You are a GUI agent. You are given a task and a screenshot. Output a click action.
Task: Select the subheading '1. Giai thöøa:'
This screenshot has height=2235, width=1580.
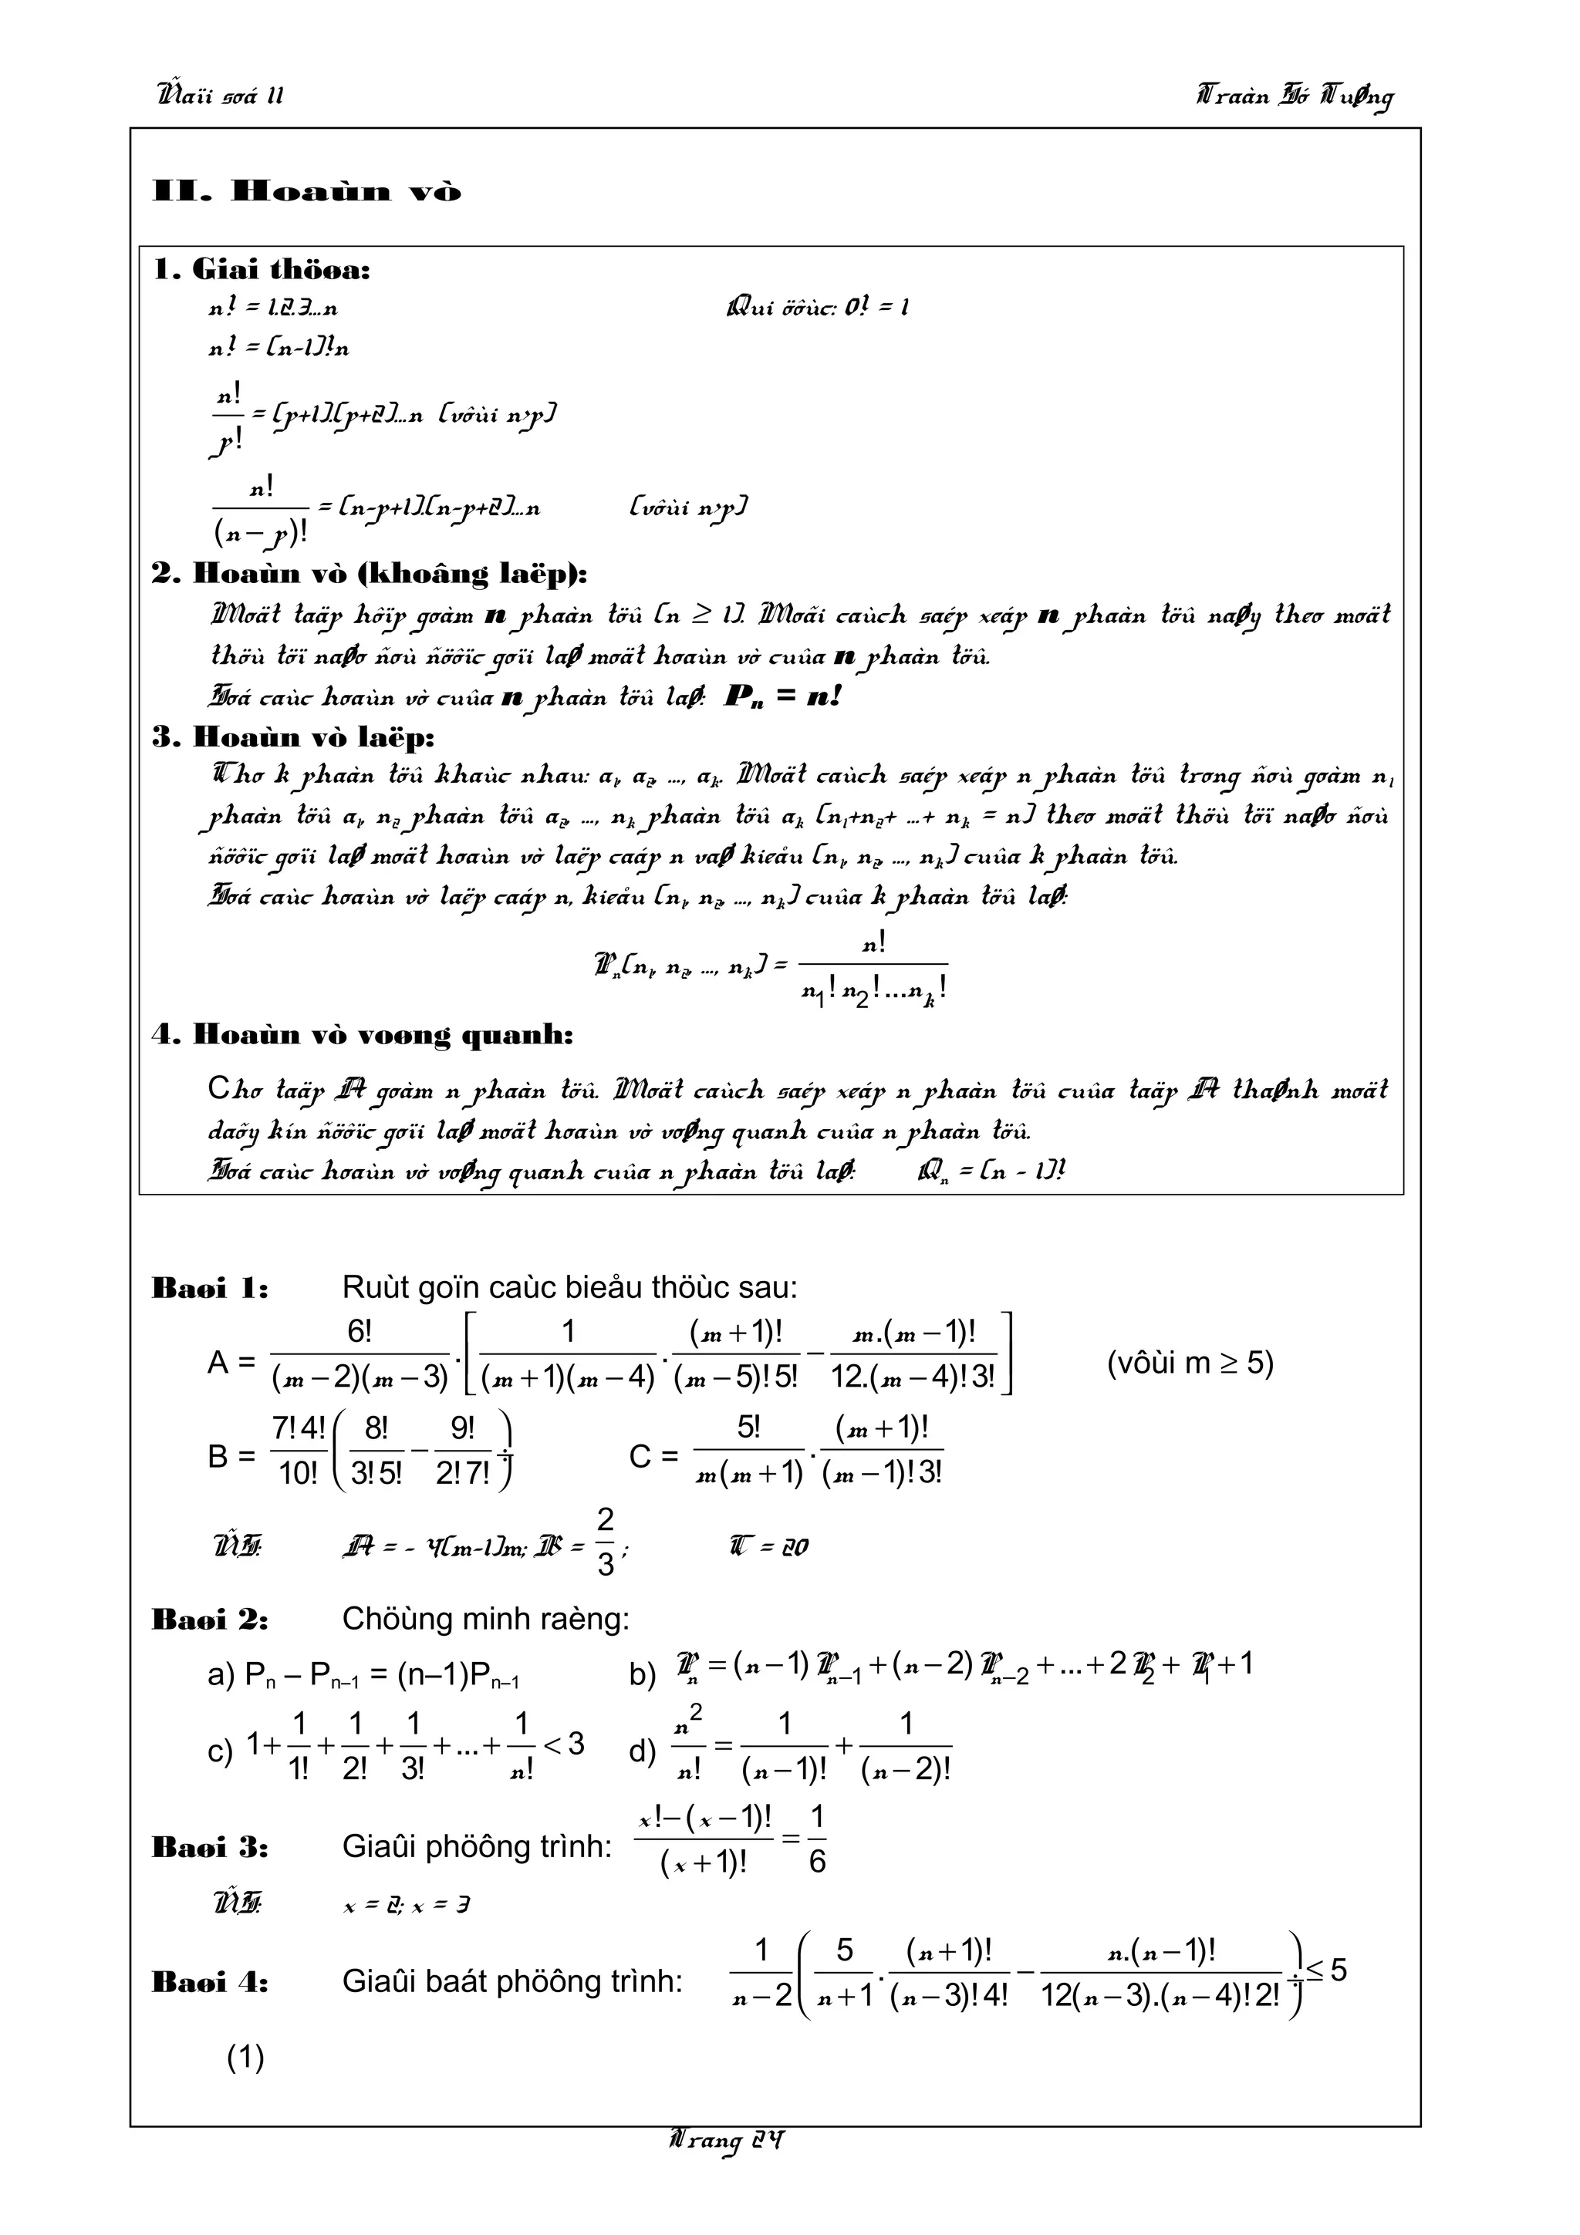pos(262,270)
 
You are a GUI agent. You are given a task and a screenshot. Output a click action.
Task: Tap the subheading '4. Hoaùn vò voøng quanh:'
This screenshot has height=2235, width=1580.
pos(362,1035)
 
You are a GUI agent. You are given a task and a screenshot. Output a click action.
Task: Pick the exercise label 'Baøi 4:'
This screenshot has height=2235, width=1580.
pos(211,1983)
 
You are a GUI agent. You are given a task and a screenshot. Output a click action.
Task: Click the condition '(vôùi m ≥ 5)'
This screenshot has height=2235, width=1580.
pos(1190,1363)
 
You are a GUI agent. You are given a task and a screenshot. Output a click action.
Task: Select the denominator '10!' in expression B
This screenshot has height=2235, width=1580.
pos(298,1474)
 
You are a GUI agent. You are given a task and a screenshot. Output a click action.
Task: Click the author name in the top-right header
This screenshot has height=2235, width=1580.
pos(1295,96)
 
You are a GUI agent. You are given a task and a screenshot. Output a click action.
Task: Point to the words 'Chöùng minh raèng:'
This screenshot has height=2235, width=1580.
pos(484,1620)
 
